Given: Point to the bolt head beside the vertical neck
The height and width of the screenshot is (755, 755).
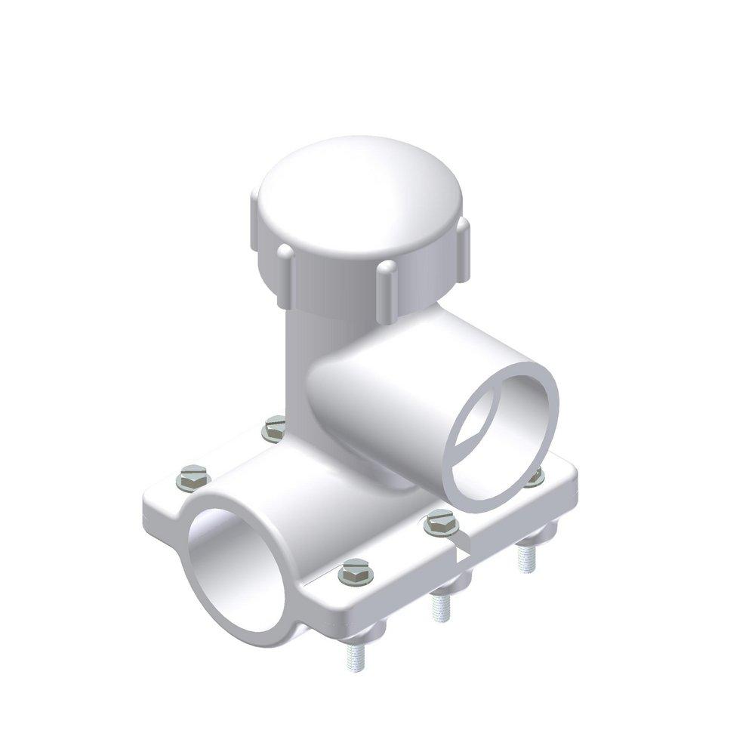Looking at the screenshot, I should tap(275, 429).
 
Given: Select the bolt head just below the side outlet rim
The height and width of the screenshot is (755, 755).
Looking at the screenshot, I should tap(441, 522).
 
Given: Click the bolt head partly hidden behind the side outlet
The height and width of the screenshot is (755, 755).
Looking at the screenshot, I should tap(535, 477).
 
